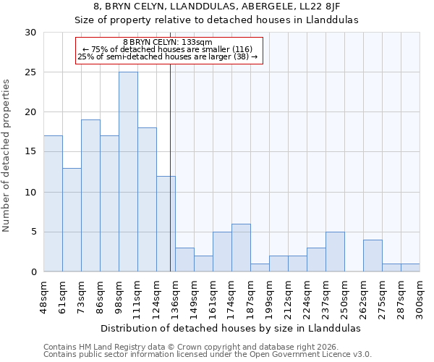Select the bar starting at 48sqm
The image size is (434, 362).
click(x=53, y=203)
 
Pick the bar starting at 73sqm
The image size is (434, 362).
click(x=90, y=195)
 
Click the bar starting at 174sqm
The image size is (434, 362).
click(x=241, y=248)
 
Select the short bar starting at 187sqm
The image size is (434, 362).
click(x=260, y=267)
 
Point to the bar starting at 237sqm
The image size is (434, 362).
click(x=335, y=251)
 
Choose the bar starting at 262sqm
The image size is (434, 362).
click(x=373, y=256)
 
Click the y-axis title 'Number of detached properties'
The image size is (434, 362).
click(x=7, y=155)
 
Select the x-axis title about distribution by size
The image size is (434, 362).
click(x=230, y=328)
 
